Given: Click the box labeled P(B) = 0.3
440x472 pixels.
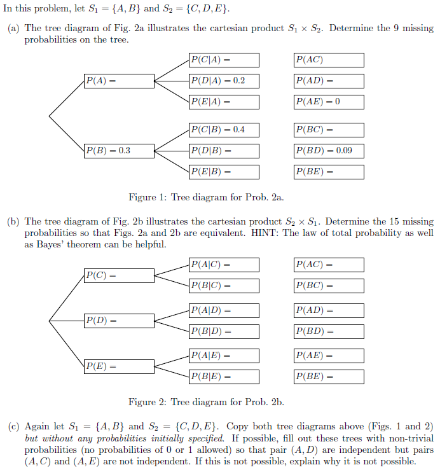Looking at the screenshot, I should [119, 151].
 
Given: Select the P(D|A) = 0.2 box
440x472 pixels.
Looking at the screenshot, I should [224, 81].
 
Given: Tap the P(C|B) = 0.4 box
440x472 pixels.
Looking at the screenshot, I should [224, 130].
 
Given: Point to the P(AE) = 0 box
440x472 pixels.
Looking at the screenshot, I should [329, 102].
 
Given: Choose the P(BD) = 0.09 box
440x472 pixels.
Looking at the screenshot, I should [329, 151].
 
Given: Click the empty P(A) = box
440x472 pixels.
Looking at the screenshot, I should [119, 81].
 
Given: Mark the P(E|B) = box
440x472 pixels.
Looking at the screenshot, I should [224, 172].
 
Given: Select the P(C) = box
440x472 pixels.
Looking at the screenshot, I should [119, 275].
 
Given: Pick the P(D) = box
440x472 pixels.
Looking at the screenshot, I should [119, 321].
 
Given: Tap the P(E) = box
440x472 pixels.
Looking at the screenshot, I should [119, 366].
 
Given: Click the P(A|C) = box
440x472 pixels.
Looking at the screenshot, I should [224, 265].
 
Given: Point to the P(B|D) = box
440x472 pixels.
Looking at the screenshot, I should [224, 331].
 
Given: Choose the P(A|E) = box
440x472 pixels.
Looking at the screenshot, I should [224, 356].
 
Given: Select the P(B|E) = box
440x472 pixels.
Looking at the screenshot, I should [224, 377].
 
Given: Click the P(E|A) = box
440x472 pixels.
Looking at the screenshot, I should [224, 102].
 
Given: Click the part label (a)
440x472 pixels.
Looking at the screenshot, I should [13, 29].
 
